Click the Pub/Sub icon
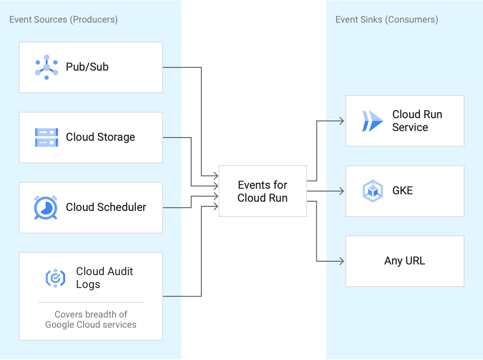pos(47,67)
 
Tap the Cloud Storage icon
pos(47,138)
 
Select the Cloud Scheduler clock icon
pos(46,208)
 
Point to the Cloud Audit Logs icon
pos(55,278)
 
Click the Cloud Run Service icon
pos(373,121)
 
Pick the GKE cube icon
pos(373,191)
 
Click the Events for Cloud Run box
pos(262,191)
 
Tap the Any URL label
pos(405,261)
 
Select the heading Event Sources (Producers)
pos(63,19)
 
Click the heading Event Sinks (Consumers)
pos(386,19)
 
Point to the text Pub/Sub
pos(87,67)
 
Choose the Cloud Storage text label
pos(101,137)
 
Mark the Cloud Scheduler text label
pos(106,207)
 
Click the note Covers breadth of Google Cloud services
pos(91,319)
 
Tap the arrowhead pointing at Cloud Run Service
pos(341,121)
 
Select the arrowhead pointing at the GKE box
pos(341,191)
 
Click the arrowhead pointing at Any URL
pos(341,261)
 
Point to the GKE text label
pos(402,191)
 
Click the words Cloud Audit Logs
pos(104,278)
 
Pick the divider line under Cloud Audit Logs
pos(91,302)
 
